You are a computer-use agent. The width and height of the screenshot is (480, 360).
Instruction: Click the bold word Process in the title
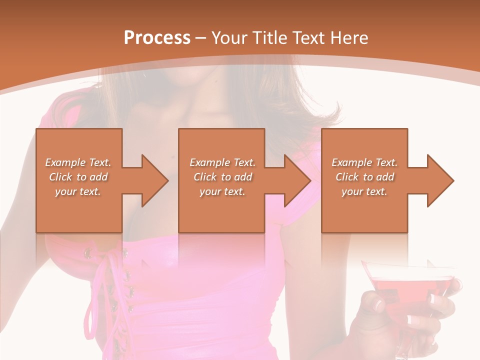click(x=157, y=38)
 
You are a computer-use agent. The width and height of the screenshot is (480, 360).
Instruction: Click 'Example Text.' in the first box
click(x=78, y=162)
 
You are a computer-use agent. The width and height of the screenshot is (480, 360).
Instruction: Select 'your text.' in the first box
click(x=78, y=191)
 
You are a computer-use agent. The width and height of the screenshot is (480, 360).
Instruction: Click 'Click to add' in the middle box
click(x=222, y=177)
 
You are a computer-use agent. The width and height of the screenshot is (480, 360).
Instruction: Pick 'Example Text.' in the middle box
click(x=222, y=162)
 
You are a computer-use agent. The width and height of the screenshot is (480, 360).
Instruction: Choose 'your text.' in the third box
click(x=364, y=191)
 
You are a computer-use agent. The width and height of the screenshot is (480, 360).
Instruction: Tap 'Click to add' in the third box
click(x=364, y=177)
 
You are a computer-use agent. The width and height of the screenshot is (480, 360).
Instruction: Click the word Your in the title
click(x=228, y=38)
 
